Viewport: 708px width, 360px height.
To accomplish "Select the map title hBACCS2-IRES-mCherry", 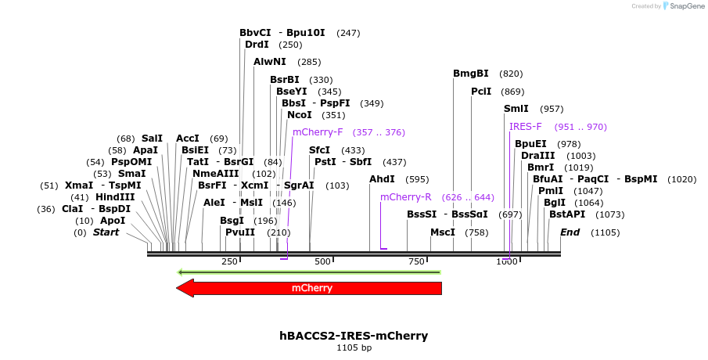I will click(354, 336).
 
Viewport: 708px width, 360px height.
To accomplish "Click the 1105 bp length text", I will click(354, 347).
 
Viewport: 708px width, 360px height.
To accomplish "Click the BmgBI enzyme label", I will click(470, 74).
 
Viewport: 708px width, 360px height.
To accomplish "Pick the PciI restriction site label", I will click(481, 92).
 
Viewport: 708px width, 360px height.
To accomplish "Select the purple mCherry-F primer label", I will click(318, 132).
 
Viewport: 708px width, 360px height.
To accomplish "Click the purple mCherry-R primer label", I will click(405, 197).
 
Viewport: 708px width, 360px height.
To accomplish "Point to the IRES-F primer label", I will click(526, 127).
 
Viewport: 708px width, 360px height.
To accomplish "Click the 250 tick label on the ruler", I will click(230, 261).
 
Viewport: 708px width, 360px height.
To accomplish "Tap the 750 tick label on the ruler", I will click(415, 261).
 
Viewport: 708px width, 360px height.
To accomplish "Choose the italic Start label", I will click(106, 232).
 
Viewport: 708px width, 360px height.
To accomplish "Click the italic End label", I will click(570, 232).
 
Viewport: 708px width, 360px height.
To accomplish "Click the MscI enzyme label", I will click(443, 232).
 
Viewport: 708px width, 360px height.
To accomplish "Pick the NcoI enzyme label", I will click(299, 115).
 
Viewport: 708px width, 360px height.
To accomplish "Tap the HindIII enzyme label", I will click(115, 197).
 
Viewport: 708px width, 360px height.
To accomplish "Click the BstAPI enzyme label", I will click(566, 214).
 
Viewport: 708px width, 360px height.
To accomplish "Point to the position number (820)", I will click(511, 74).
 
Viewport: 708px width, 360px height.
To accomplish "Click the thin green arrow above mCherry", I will click(309, 272).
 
